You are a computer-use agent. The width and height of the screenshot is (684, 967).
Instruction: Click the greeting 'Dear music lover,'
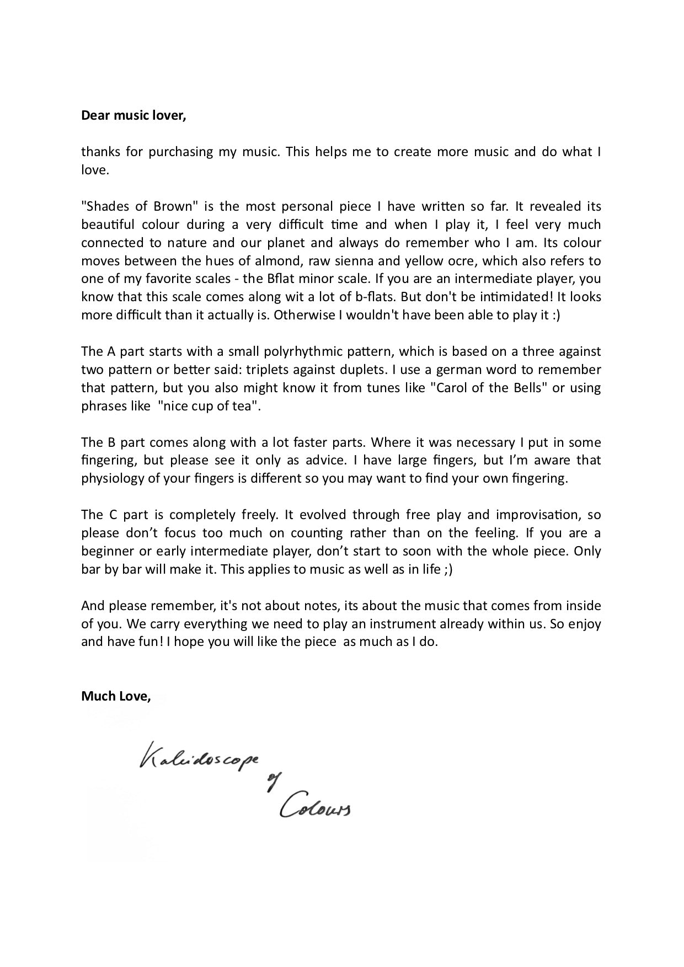[133, 115]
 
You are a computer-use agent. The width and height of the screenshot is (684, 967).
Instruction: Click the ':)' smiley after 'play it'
[554, 315]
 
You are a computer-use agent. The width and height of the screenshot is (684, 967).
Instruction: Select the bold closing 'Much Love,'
[116, 696]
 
